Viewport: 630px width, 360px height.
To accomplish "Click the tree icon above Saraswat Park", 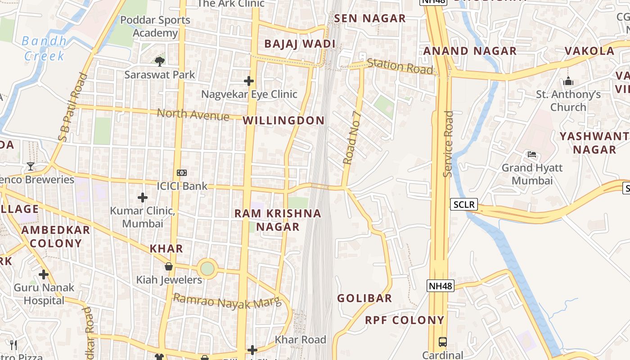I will click(x=159, y=61).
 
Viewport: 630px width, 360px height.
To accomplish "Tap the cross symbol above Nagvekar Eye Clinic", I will click(x=249, y=81).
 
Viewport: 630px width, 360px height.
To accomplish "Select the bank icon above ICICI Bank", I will click(x=182, y=172).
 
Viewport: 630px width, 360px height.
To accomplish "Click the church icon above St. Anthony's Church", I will click(x=568, y=81).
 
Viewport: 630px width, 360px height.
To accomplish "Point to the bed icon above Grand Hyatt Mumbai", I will click(x=532, y=154).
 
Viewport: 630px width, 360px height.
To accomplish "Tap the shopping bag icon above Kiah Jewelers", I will click(x=169, y=266).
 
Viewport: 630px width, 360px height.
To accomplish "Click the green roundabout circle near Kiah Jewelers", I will click(x=207, y=269).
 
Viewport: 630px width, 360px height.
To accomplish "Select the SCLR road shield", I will click(x=464, y=205).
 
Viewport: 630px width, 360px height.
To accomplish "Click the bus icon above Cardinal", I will click(x=443, y=342).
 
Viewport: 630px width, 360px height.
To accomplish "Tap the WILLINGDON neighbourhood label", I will click(x=283, y=121).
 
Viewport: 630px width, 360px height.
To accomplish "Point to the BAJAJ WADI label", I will click(x=300, y=44).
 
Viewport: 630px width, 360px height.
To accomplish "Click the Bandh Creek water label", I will click(x=44, y=48).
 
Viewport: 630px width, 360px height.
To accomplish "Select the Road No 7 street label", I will click(x=352, y=138).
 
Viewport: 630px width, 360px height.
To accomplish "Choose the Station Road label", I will click(x=400, y=66).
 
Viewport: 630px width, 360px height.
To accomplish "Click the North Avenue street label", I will click(x=193, y=115).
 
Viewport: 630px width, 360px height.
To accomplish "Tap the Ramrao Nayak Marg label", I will click(x=227, y=301).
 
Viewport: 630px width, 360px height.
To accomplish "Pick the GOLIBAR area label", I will click(x=364, y=298).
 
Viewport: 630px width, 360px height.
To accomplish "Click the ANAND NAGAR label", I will click(x=470, y=51).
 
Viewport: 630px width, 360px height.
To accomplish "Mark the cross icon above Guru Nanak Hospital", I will click(x=44, y=274).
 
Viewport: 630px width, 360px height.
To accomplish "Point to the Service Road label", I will click(x=448, y=144).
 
